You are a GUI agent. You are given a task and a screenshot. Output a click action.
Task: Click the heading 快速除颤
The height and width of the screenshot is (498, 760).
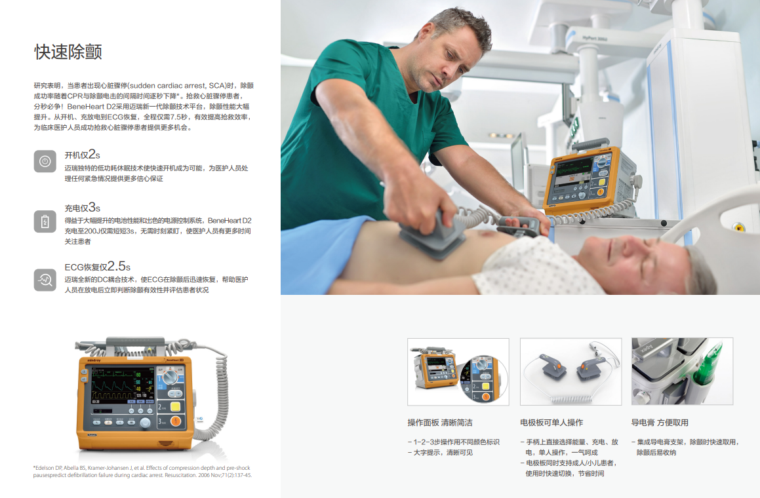pyautogui.click(x=68, y=52)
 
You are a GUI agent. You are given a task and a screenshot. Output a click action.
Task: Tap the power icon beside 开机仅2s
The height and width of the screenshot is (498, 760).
pyautogui.click(x=45, y=161)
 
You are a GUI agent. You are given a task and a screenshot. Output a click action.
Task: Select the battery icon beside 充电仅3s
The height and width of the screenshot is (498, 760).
pyautogui.click(x=45, y=221)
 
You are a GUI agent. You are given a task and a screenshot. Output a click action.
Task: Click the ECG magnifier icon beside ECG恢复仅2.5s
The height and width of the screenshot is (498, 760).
pyautogui.click(x=45, y=280)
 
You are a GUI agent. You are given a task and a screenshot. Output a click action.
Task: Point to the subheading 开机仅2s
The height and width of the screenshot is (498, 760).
pyautogui.click(x=83, y=155)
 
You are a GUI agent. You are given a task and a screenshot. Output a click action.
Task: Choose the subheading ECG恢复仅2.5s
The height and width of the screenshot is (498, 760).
pyautogui.click(x=98, y=267)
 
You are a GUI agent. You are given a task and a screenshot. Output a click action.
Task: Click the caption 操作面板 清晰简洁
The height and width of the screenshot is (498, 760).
pyautogui.click(x=440, y=423)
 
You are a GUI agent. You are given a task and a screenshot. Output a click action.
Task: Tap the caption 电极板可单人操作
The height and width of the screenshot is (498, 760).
pyautogui.click(x=551, y=423)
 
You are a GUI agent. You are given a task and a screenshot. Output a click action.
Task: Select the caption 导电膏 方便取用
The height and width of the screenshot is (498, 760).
pyautogui.click(x=660, y=423)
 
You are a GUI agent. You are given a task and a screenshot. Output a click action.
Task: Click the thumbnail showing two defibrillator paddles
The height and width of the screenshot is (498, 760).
pyautogui.click(x=571, y=372)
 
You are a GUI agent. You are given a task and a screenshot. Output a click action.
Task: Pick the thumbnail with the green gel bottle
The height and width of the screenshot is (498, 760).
pyautogui.click(x=683, y=372)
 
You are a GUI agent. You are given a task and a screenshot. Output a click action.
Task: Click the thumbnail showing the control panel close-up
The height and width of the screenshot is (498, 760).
pyautogui.click(x=458, y=372)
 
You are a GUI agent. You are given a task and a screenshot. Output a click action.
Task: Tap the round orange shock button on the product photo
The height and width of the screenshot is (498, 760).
pyautogui.click(x=176, y=421)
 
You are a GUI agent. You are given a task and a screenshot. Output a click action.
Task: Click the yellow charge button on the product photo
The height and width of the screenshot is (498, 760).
pyautogui.click(x=175, y=406)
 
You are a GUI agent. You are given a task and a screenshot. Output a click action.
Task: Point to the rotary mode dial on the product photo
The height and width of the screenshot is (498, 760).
pyautogui.click(x=170, y=376)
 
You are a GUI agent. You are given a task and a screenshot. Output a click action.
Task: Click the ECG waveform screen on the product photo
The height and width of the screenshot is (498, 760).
pyautogui.click(x=123, y=385)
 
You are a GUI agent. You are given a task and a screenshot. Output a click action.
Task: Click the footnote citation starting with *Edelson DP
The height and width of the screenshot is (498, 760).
pyautogui.click(x=142, y=471)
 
